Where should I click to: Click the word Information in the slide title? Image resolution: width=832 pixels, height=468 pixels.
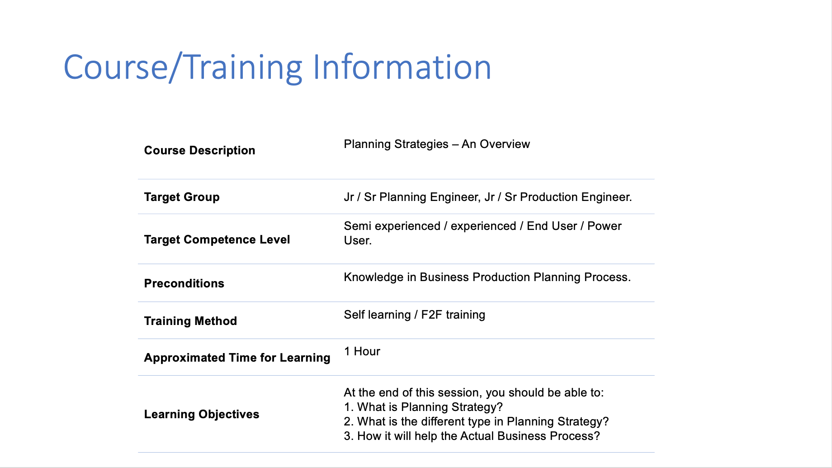click(x=402, y=67)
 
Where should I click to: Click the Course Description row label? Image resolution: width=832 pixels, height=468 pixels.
click(x=199, y=150)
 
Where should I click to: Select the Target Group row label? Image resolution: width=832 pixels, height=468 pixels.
click(x=182, y=197)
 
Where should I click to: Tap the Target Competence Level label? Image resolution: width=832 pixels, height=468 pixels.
click(x=217, y=239)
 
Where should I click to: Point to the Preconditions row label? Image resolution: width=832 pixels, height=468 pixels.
click(x=184, y=283)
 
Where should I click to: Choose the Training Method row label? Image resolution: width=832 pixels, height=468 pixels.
click(x=190, y=321)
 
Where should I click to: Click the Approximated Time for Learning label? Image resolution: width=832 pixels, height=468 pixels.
click(x=237, y=358)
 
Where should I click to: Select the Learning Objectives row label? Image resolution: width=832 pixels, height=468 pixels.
click(x=202, y=414)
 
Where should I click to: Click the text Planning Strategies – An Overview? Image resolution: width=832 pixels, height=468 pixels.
click(x=437, y=144)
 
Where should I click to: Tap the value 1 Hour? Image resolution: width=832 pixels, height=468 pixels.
click(x=362, y=351)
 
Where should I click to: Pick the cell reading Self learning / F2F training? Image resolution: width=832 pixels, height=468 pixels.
click(x=415, y=315)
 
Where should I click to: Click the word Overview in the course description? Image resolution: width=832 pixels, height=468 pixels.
click(x=505, y=144)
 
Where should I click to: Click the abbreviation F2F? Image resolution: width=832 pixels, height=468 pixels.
click(x=431, y=315)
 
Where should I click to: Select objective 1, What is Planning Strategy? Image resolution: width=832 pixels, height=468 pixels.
click(x=423, y=407)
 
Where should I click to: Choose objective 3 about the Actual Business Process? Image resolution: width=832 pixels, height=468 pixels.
click(x=472, y=436)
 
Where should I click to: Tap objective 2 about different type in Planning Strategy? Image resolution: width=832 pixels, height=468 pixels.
click(x=477, y=421)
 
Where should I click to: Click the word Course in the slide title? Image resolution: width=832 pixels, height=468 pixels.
click(x=116, y=67)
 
